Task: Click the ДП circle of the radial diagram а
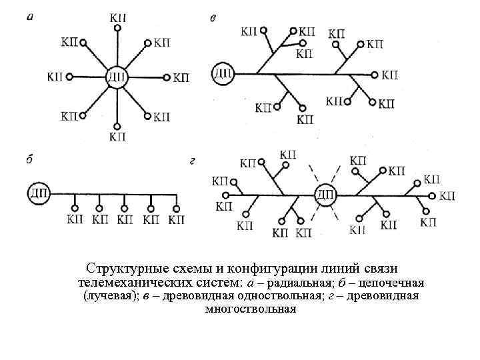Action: click(x=117, y=77)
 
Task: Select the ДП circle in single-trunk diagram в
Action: click(x=223, y=73)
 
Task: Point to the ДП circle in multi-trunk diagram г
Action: click(x=326, y=195)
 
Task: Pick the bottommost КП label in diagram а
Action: click(x=117, y=137)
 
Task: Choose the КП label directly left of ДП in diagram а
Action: click(x=55, y=77)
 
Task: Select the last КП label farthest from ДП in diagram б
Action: click(x=177, y=219)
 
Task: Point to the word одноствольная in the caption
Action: click(x=320, y=296)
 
